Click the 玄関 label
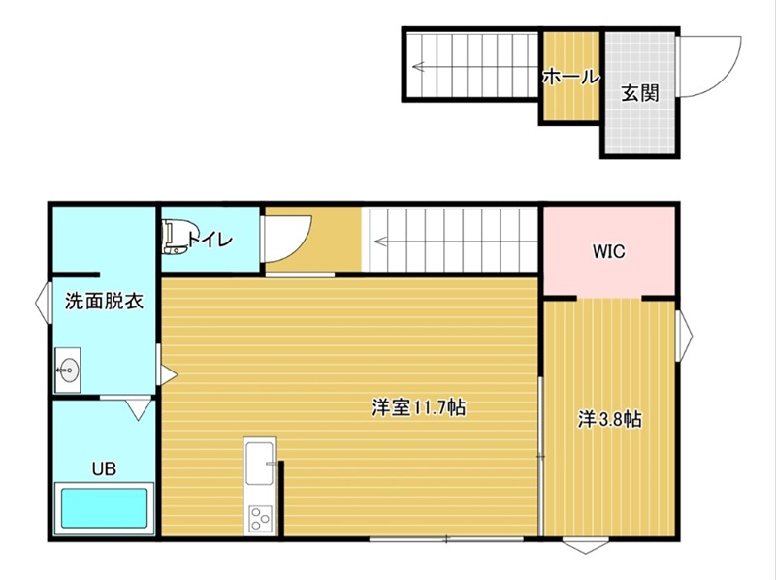(x=639, y=94)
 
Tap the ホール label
(x=569, y=77)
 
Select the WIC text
(x=609, y=252)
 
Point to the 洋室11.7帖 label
(x=418, y=408)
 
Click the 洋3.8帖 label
(x=609, y=419)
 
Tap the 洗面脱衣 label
(x=104, y=302)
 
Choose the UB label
(x=104, y=469)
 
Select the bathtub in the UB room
(x=105, y=507)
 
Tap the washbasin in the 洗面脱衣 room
(x=69, y=369)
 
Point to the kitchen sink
(x=260, y=462)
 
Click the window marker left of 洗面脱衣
(x=43, y=302)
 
